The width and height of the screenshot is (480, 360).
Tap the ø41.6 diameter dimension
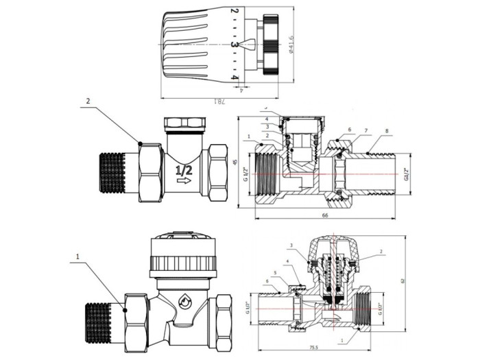pos(293,45)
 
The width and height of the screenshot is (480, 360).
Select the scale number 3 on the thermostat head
pos(235,45)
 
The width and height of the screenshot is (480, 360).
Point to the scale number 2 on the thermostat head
pos(235,12)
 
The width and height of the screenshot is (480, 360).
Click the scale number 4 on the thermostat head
pos(235,78)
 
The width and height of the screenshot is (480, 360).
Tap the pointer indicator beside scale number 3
pos(248,45)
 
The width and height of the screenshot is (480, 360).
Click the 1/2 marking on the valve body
pos(183,168)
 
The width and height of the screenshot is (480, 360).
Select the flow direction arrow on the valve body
pos(184,181)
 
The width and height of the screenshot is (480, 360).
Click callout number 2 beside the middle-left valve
pos(88,101)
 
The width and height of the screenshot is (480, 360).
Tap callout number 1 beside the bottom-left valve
pos(79,259)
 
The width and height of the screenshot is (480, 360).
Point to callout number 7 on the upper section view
pos(365,131)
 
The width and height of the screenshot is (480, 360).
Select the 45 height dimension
pos(235,163)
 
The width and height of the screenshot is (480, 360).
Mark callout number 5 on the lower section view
pos(275,274)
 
